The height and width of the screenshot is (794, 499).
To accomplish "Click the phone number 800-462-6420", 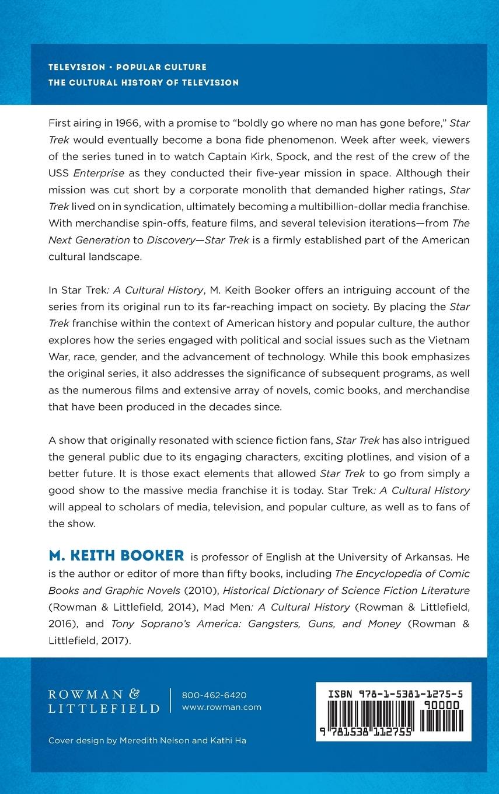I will click(x=214, y=695).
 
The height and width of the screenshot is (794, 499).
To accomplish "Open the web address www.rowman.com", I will click(x=222, y=707).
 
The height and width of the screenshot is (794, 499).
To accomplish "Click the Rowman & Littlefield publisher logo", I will click(x=103, y=701).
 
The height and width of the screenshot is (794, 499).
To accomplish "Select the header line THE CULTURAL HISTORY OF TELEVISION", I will click(x=144, y=82).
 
